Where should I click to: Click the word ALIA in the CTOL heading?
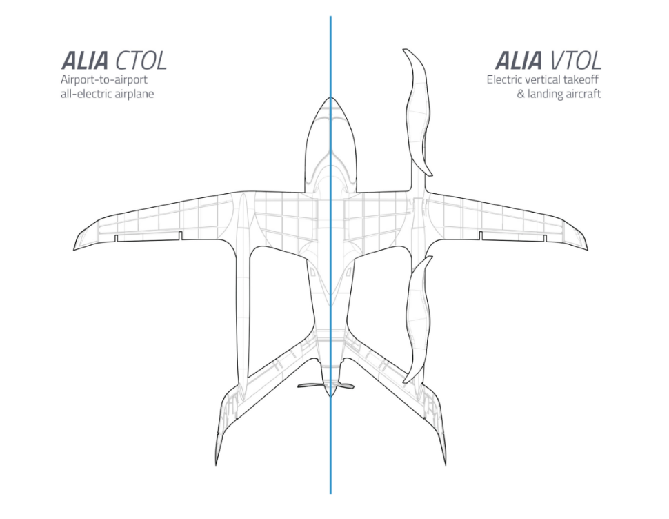click(x=86, y=61)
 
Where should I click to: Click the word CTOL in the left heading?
click(x=141, y=61)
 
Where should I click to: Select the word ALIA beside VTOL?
click(x=519, y=61)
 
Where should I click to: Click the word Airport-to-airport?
click(x=104, y=80)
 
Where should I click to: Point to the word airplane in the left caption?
click(x=134, y=93)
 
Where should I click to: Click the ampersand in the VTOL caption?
click(x=521, y=93)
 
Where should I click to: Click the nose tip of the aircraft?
click(x=330, y=99)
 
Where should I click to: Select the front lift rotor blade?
click(x=418, y=110)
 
